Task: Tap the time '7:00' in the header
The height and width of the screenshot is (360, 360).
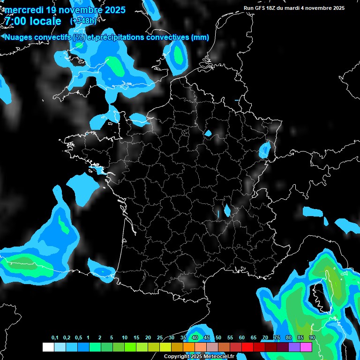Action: tap(15, 21)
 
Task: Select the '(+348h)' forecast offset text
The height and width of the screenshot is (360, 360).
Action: tap(83, 21)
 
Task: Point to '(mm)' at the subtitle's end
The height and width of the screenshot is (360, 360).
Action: tap(200, 37)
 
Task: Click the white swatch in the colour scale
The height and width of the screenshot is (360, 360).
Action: tap(48, 347)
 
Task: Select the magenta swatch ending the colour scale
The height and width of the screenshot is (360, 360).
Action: tap(306, 347)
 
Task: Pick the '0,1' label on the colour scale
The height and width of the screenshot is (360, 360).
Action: tap(54, 338)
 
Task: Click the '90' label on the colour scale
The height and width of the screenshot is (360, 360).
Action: tap(312, 338)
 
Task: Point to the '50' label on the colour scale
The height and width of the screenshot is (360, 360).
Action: tap(218, 338)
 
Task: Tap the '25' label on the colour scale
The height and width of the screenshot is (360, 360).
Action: tap(160, 338)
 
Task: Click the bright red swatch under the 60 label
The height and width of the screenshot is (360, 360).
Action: tap(247, 347)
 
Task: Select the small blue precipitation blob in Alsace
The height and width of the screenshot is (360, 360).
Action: tap(265, 150)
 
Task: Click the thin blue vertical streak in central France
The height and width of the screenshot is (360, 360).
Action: tap(218, 214)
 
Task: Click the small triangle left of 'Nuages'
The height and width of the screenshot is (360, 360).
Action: tap(2, 37)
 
